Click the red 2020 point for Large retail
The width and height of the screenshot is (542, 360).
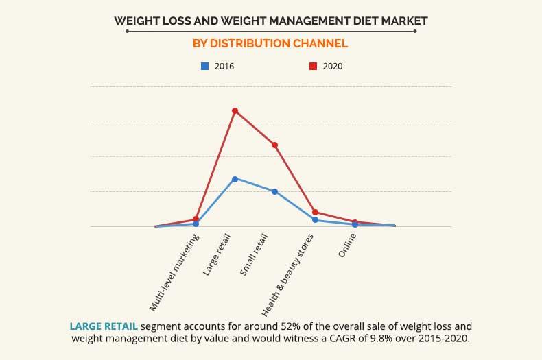235,110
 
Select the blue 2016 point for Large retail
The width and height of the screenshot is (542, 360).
235,179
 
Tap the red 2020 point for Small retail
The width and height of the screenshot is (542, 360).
274,145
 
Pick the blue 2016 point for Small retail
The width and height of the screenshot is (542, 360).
274,191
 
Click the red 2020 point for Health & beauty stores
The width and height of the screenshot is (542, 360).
315,212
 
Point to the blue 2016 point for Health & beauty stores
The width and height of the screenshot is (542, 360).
315,220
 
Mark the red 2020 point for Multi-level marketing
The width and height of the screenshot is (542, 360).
196,219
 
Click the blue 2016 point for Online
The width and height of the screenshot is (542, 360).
355,224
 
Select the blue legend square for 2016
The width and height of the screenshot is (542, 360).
204,67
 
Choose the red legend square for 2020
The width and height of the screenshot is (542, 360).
313,67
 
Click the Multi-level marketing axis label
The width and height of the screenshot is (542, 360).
174,272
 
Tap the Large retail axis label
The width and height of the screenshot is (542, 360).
217,255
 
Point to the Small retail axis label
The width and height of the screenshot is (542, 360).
254,255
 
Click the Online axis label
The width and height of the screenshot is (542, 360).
347,245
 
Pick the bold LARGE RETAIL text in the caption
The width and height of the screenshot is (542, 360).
102,326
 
